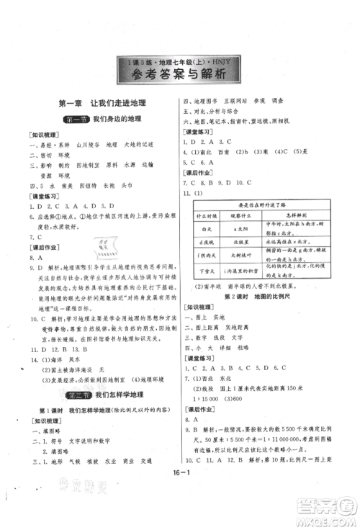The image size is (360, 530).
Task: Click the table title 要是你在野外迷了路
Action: click(256, 202)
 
